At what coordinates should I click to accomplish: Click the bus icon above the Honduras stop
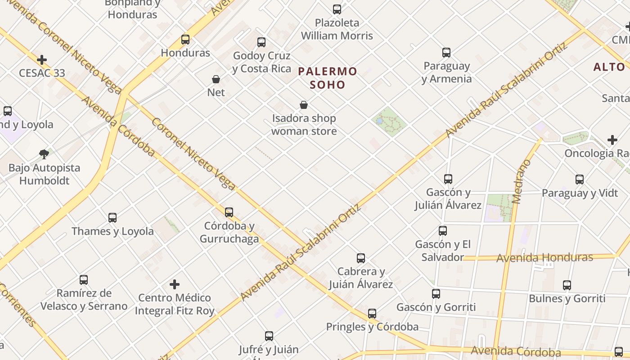coord(185,40)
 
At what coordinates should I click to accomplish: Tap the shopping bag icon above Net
coord(216,79)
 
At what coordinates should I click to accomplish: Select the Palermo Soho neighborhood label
coord(328,78)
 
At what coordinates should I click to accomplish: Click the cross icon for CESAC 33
coord(42,60)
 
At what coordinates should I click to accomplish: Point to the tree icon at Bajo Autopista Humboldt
coord(44,154)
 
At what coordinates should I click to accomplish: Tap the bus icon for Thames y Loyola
coord(112,218)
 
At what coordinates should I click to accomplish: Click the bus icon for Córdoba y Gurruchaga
coord(229,212)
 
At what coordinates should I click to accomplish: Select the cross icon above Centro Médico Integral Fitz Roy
coord(175,284)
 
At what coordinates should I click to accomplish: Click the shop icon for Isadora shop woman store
coord(304,105)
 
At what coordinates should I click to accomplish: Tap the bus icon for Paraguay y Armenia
coord(446,53)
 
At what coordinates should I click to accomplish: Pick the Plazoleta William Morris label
coord(337,29)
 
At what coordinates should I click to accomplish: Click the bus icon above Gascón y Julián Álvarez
coord(448,179)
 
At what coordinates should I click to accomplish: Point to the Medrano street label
coord(521,181)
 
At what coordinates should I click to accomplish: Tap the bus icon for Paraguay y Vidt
coord(580,180)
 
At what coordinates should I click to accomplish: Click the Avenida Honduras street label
coord(544,258)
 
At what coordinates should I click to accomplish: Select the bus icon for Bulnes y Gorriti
coord(567,285)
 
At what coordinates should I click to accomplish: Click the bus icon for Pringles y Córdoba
coord(372,314)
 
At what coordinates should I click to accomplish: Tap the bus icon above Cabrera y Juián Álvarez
coord(361,258)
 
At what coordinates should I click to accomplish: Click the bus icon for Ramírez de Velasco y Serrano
coord(84,280)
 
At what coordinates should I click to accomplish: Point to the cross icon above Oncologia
coord(612,140)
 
